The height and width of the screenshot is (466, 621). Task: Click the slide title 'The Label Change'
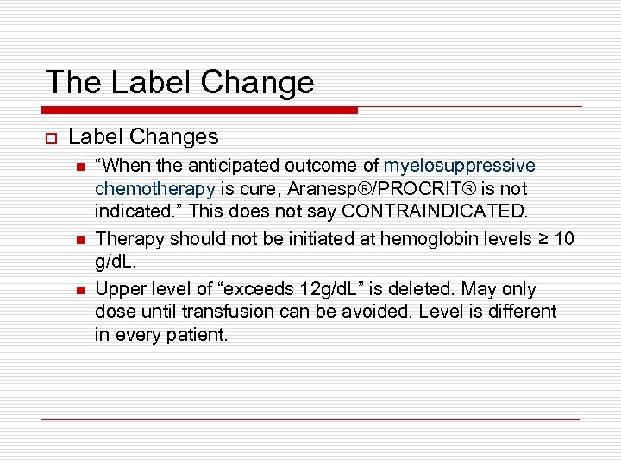(179, 82)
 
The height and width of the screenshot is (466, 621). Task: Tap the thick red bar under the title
(200, 110)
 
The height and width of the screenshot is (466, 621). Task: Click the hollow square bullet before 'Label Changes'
(50, 137)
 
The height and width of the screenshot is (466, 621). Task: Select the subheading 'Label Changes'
(143, 136)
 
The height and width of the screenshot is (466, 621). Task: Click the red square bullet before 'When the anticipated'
(79, 167)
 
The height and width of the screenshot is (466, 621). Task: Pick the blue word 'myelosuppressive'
(459, 166)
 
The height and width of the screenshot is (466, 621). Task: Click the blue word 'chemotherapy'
(154, 188)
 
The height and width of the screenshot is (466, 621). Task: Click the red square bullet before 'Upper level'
(79, 290)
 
